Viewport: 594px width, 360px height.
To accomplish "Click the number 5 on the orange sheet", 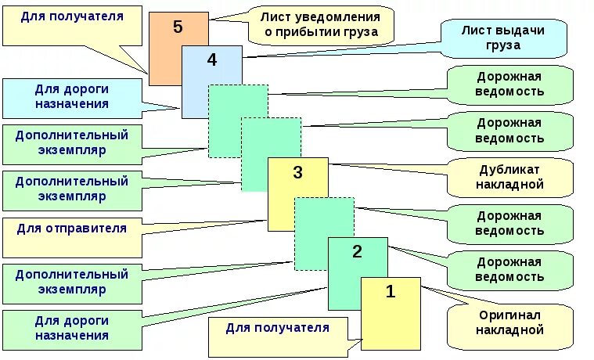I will pyautogui.click(x=178, y=27).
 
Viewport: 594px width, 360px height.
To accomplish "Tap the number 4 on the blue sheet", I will pyautogui.click(x=212, y=59).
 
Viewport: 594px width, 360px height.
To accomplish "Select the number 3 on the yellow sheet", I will pyautogui.click(x=297, y=173).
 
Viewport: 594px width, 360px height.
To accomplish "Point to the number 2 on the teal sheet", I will pyautogui.click(x=357, y=252).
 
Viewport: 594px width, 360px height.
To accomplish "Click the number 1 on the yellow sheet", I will pyautogui.click(x=391, y=293).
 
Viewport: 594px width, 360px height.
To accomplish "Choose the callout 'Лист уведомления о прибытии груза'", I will pyautogui.click(x=321, y=24).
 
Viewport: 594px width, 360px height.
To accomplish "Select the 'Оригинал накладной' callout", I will pyautogui.click(x=509, y=323).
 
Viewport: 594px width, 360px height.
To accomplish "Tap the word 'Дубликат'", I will pyautogui.click(x=509, y=169).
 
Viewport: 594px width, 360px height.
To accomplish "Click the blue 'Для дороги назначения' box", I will pyautogui.click(x=72, y=96).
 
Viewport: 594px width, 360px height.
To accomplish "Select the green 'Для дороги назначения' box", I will pyautogui.click(x=72, y=328).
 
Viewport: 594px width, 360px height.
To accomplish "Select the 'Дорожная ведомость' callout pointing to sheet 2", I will pyautogui.click(x=509, y=269).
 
